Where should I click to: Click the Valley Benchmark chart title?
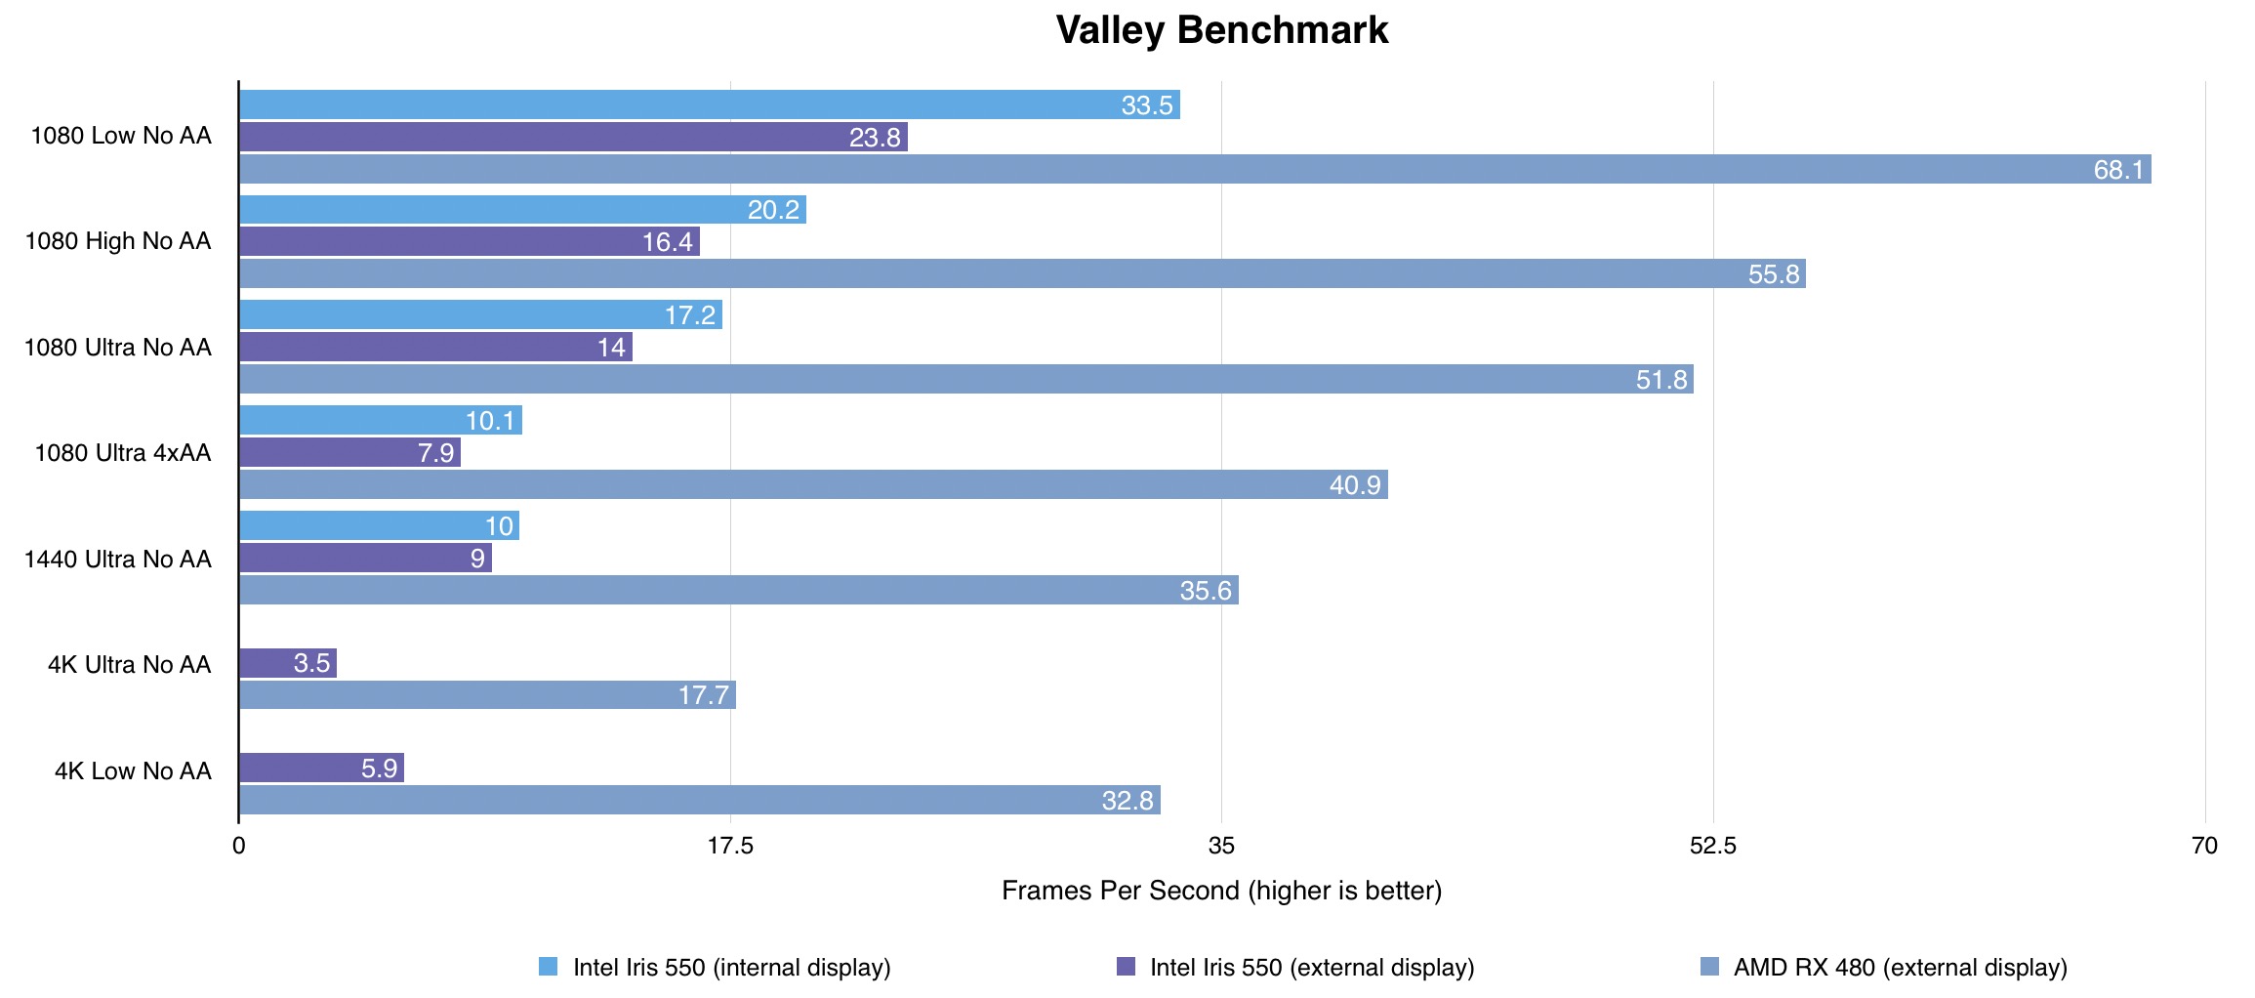(1221, 30)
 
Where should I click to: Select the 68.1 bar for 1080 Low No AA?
(1194, 169)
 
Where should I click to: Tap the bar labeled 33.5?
(709, 104)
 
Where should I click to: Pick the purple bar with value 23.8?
(573, 137)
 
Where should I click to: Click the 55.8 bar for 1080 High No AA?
(1021, 273)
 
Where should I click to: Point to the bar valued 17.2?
(480, 314)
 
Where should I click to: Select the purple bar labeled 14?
(435, 347)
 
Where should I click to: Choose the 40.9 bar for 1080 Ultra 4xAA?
(813, 484)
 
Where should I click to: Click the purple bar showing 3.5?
(288, 663)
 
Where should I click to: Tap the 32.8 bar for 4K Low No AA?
(699, 800)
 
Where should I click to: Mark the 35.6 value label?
(1206, 591)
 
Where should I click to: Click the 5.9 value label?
(379, 769)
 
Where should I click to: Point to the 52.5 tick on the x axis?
(1713, 846)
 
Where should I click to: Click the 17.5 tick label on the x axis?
(730, 846)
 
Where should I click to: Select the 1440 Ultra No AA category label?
(118, 559)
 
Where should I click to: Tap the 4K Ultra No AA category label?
(130, 664)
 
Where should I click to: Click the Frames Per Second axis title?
(1221, 891)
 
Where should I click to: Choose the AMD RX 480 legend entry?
(1900, 968)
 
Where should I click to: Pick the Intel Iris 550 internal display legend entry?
(731, 968)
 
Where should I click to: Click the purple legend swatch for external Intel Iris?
(1126, 967)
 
